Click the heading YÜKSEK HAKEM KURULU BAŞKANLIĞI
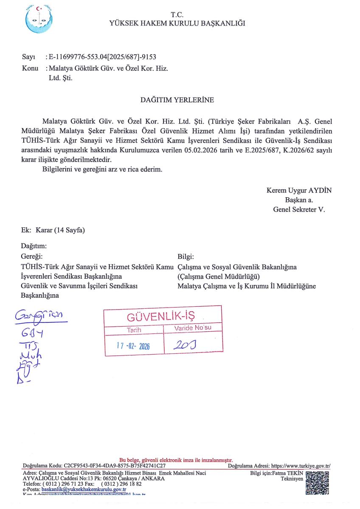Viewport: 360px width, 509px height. (177, 23)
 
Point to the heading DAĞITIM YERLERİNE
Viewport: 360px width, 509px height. (177, 100)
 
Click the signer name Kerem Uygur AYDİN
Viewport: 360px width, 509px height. (299, 190)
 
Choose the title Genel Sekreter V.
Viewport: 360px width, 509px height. (299, 209)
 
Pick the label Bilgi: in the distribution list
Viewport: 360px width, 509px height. (186, 257)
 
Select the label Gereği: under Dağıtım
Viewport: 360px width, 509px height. (32, 257)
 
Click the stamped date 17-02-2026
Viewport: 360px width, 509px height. (133, 346)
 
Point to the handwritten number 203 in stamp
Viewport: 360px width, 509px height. (184, 346)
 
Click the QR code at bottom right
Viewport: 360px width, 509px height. (318, 483)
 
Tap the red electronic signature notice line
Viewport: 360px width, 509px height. (176, 460)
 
